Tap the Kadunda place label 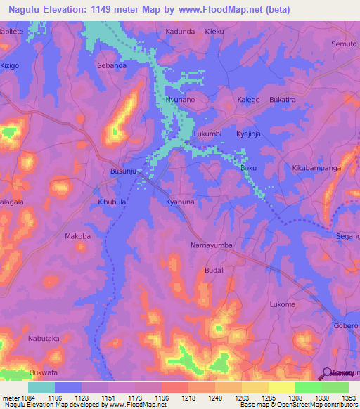[179, 32]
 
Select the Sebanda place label [111, 65]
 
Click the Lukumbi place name [207, 134]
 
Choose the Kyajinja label [268, 134]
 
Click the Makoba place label [78, 236]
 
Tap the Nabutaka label [44, 339]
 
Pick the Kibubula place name [112, 202]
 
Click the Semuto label [345, 44]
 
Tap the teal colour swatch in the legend [41, 387]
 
